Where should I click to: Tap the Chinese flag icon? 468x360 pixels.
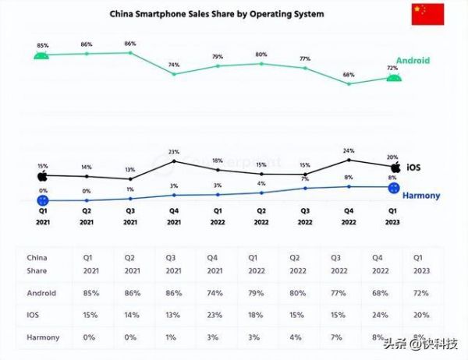[427, 14]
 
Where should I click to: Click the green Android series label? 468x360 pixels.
[413, 61]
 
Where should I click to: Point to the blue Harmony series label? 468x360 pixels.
[421, 196]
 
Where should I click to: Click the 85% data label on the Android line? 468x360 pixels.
[42, 45]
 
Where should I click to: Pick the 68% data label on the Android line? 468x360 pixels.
[349, 75]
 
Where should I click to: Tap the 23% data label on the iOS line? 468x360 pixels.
[174, 152]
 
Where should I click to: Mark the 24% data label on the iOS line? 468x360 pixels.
[349, 150]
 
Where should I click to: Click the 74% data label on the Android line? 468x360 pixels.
[174, 65]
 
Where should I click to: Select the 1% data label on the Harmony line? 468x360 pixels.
[130, 189]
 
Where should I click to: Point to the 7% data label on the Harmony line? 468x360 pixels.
[305, 179]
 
